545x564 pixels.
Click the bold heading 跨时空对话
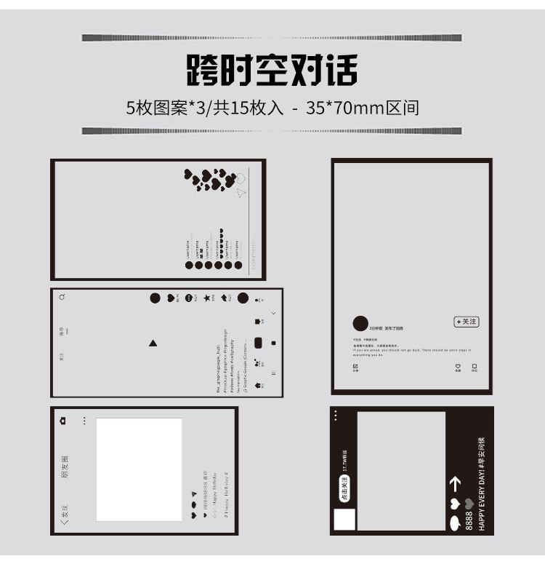(272, 71)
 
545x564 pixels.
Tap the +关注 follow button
(466, 322)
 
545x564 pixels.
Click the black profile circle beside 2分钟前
(360, 325)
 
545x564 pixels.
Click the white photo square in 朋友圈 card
(139, 469)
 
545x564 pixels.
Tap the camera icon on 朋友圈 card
(63, 421)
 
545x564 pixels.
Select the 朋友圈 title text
(65, 466)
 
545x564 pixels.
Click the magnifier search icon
(62, 297)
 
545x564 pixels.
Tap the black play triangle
(153, 343)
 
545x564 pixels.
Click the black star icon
(207, 298)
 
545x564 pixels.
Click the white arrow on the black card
(456, 483)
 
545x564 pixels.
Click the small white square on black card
(344, 520)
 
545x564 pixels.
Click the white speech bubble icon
(456, 523)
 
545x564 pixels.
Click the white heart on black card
(456, 504)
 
